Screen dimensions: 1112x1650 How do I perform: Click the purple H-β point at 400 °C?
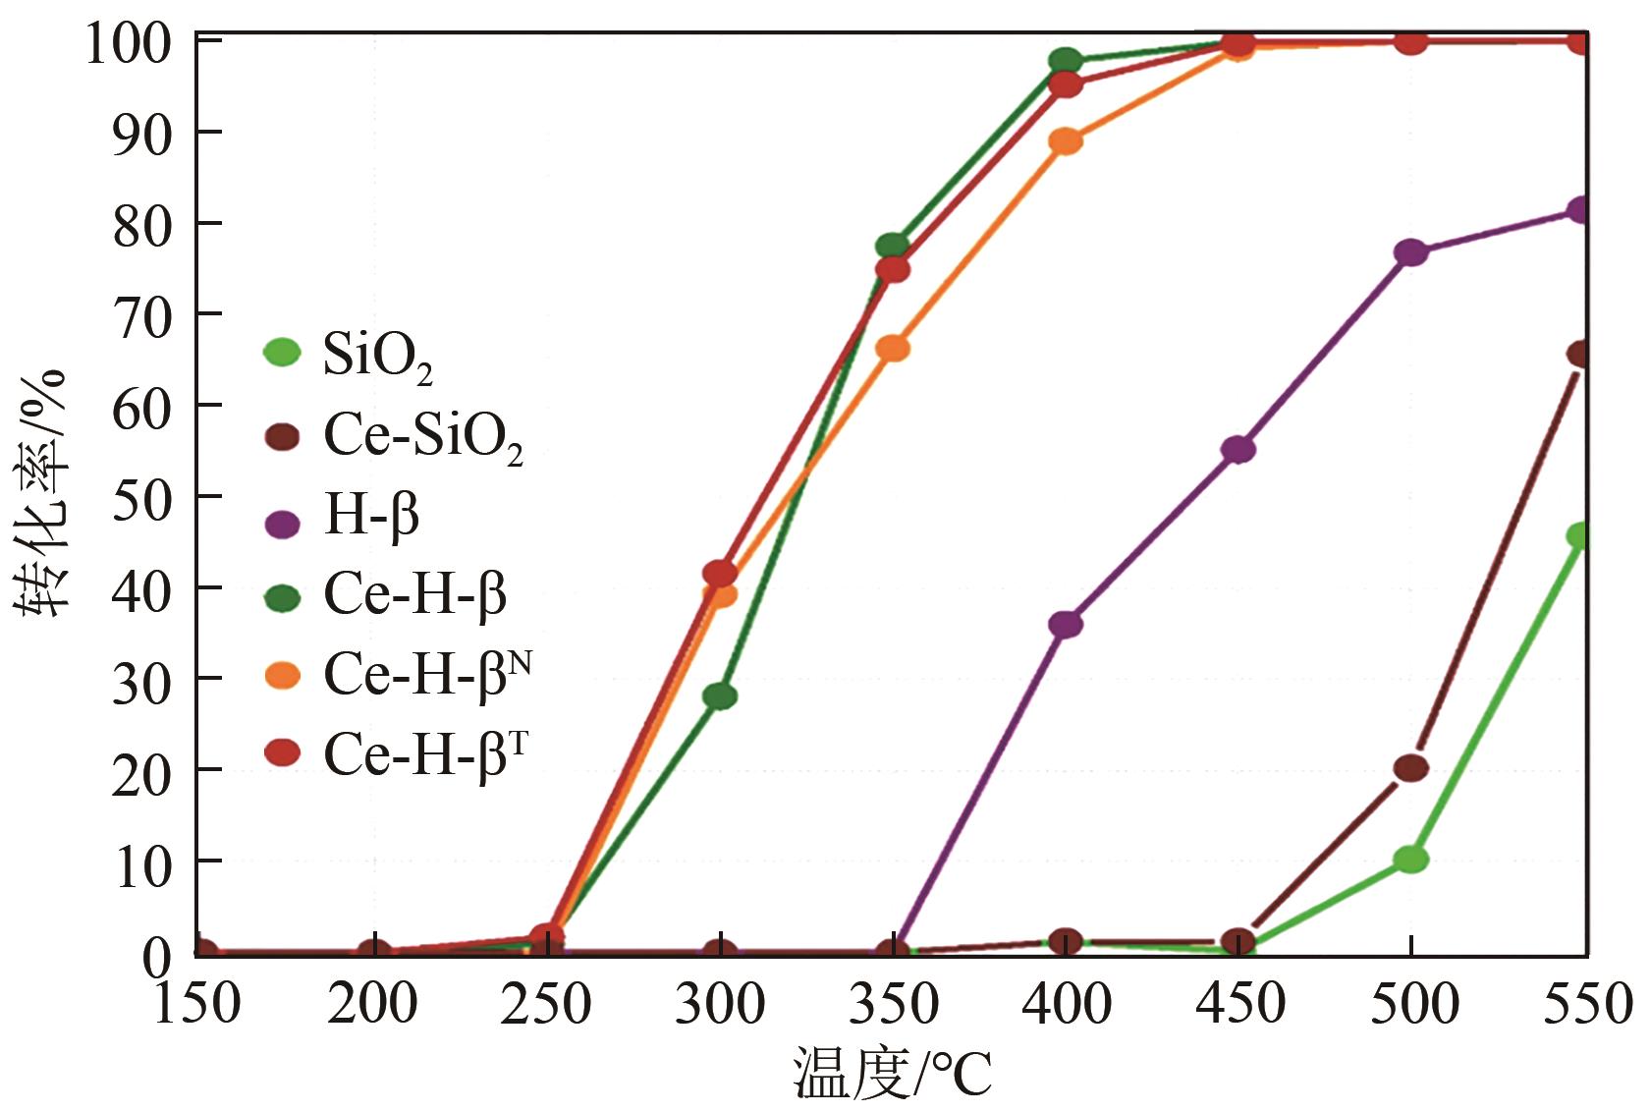[1066, 624]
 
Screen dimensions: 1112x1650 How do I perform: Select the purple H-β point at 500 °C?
[1410, 252]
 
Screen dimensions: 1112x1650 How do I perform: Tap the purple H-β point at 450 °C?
[1238, 450]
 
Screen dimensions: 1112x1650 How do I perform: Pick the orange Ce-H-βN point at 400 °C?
[1066, 141]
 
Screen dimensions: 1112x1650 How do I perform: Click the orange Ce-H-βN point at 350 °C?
[893, 348]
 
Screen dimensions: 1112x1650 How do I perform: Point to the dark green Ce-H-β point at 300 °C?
[720, 696]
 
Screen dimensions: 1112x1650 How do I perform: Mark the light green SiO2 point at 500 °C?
[1410, 860]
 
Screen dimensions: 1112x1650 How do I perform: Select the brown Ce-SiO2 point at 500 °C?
[1410, 768]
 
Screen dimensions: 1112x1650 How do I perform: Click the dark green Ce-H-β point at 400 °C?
[1066, 61]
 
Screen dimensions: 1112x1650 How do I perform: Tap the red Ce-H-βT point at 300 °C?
[720, 573]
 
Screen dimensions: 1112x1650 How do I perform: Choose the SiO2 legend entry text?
[377, 357]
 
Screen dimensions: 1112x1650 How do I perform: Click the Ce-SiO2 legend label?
[422, 437]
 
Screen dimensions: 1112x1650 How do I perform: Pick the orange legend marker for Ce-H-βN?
[283, 676]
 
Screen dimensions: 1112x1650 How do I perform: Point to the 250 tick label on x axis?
[546, 1004]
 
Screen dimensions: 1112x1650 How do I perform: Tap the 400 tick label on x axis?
[1066, 1004]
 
